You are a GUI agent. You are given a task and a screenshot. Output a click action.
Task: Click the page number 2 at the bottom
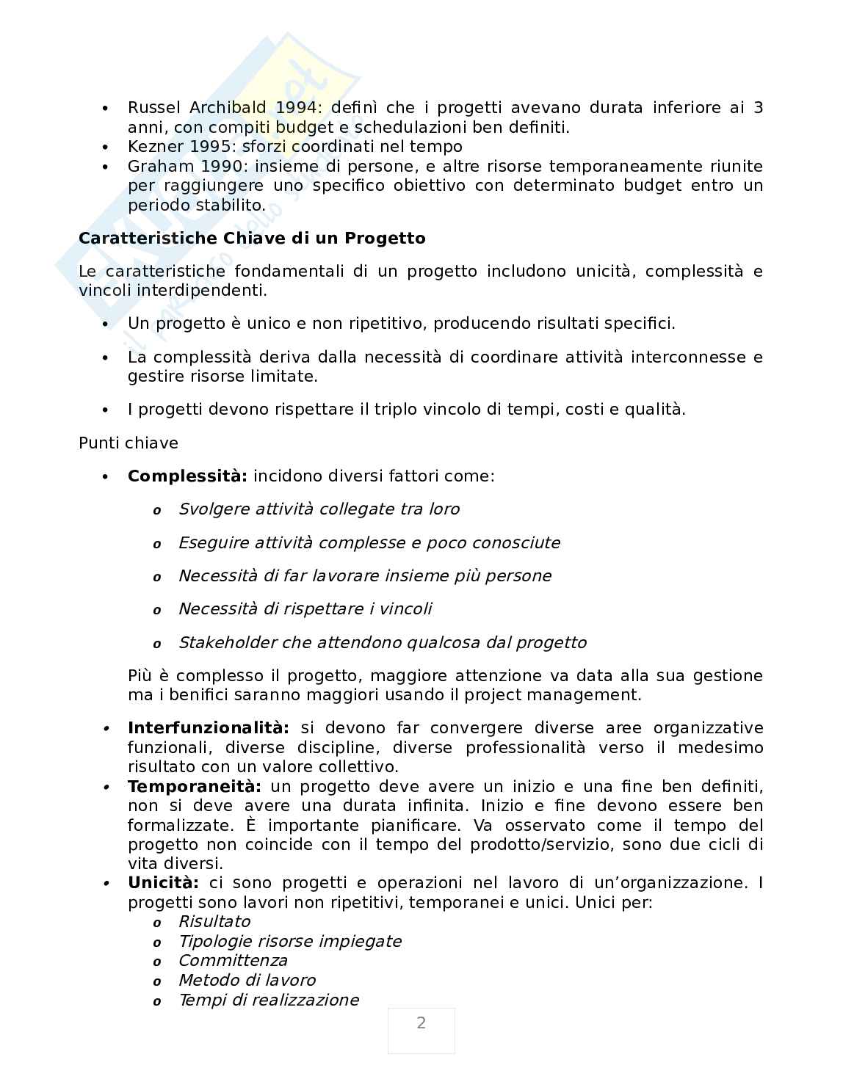(421, 1023)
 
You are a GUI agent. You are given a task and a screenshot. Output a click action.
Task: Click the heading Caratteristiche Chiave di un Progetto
(252, 239)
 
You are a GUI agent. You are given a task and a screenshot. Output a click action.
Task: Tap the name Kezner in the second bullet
(151, 147)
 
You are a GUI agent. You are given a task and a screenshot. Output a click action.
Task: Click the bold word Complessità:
(187, 476)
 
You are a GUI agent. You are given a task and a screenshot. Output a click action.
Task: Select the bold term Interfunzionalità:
(208, 728)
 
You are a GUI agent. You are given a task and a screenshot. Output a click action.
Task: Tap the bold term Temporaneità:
(194, 787)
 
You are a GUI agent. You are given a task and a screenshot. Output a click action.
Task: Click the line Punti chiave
(129, 443)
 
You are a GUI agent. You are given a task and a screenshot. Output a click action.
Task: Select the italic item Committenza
(233, 961)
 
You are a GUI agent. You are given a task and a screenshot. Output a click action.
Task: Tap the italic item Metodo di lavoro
(247, 981)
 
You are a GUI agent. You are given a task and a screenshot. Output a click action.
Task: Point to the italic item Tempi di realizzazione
(269, 1000)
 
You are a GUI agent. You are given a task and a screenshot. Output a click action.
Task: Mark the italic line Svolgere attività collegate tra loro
(319, 509)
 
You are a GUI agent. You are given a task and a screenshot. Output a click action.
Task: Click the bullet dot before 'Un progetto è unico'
(106, 324)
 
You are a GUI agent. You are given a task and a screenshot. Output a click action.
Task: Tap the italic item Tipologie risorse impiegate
(290, 942)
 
